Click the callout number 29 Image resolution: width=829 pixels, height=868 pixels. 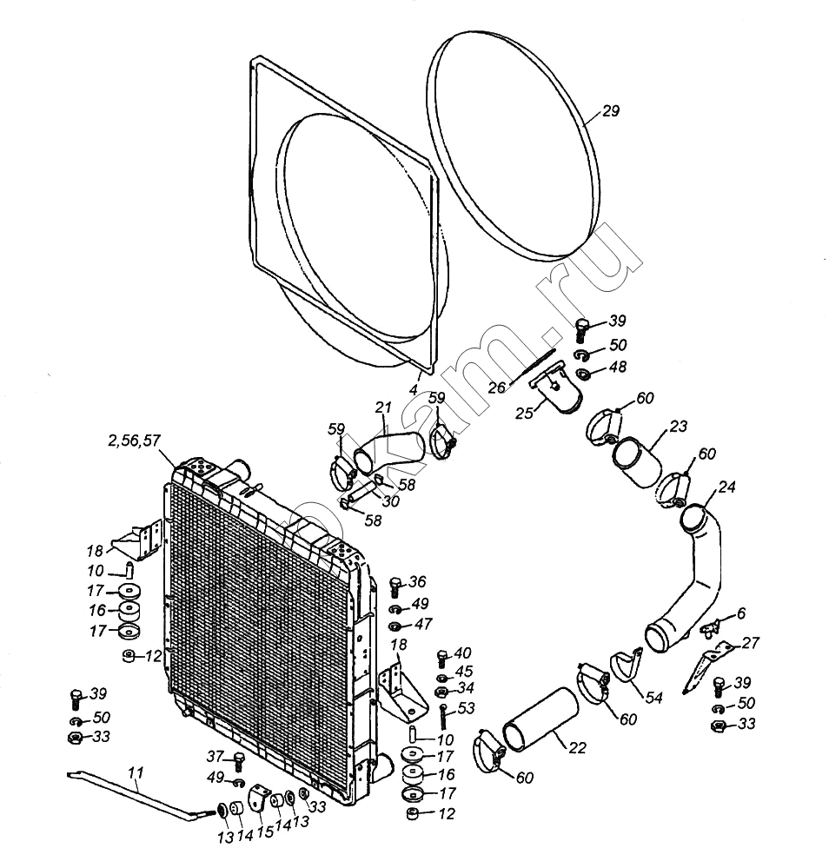(610, 110)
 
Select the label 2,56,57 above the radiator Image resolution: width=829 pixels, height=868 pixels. (134, 441)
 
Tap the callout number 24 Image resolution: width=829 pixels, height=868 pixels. (726, 487)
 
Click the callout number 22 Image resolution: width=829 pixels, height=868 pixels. (577, 748)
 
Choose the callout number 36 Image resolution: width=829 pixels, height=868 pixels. (418, 582)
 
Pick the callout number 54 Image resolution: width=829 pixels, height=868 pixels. (654, 698)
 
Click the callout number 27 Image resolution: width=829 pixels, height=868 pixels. (751, 642)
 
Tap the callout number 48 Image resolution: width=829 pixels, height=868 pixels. (618, 367)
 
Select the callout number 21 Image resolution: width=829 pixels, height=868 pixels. (382, 407)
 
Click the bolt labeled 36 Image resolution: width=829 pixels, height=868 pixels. (395, 587)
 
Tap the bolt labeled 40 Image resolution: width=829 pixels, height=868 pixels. (442, 659)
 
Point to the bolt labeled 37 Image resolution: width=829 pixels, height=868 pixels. (239, 761)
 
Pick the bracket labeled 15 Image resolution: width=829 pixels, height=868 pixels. (259, 796)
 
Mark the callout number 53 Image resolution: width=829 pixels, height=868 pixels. (467, 709)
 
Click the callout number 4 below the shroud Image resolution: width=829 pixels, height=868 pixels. (413, 389)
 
